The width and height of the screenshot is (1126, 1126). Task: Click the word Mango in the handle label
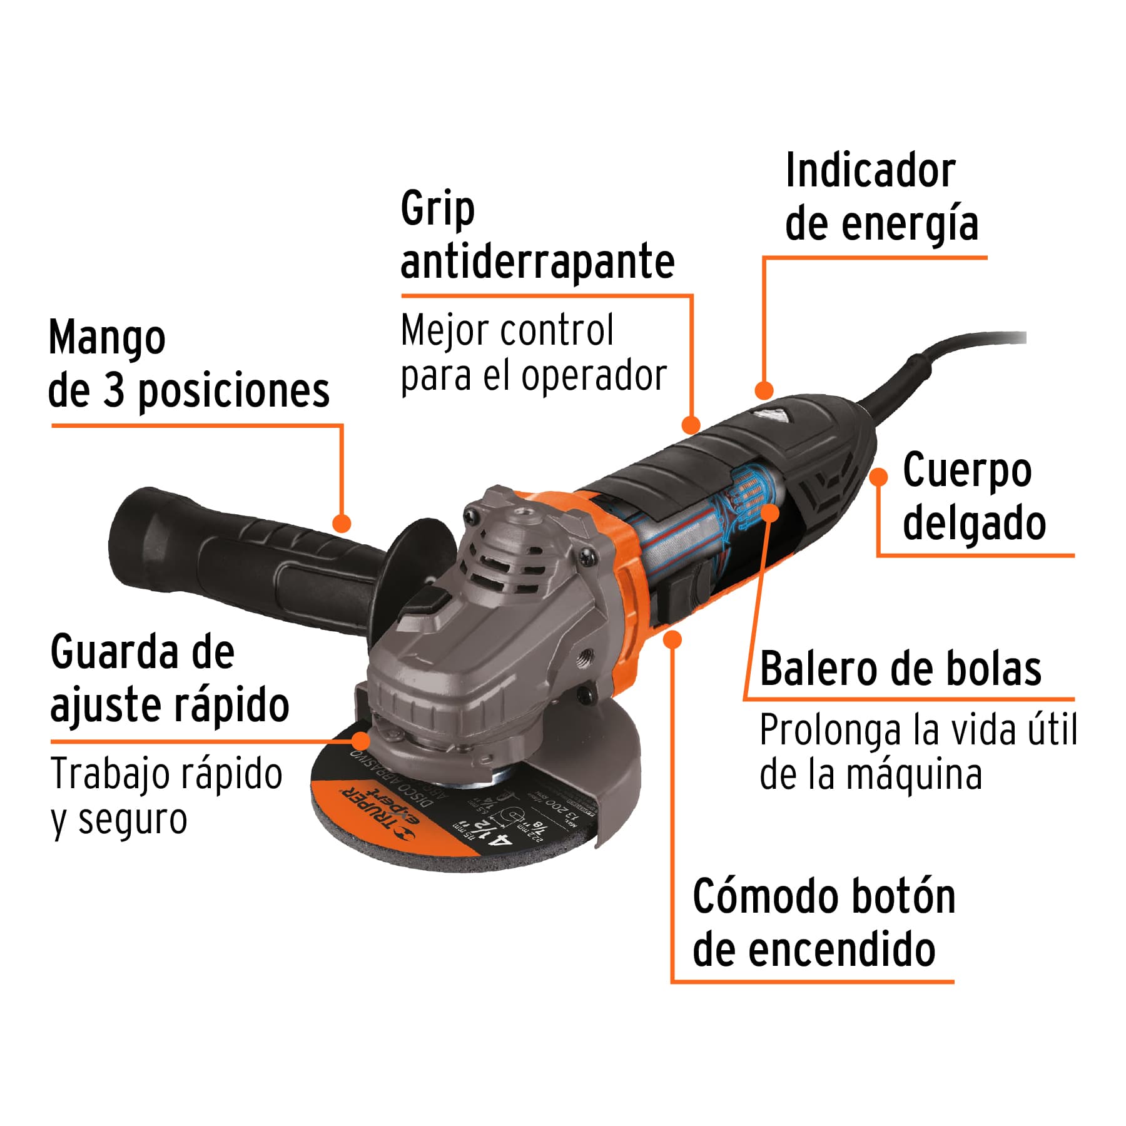107,338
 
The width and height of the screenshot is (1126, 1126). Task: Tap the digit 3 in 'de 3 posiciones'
113,391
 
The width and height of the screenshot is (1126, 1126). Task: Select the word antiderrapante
537,261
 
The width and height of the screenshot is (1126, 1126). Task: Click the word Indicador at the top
870,171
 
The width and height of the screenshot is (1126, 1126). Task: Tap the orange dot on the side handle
342,524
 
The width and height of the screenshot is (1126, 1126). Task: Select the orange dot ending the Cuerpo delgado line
879,477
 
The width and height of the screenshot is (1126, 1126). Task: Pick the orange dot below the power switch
673,639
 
